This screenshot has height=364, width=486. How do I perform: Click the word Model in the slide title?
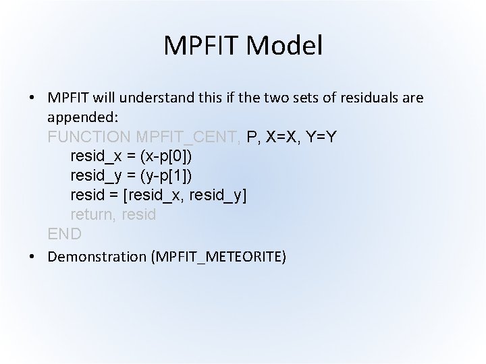click(x=286, y=46)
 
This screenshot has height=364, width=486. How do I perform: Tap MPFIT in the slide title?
click(x=203, y=46)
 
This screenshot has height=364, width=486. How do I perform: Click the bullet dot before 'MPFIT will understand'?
click(x=32, y=98)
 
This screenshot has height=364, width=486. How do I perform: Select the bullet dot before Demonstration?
click(x=32, y=257)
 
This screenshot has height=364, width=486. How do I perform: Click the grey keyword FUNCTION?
click(x=90, y=137)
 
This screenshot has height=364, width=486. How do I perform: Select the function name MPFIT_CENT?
click(x=188, y=137)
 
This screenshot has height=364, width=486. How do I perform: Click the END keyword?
click(x=65, y=235)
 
